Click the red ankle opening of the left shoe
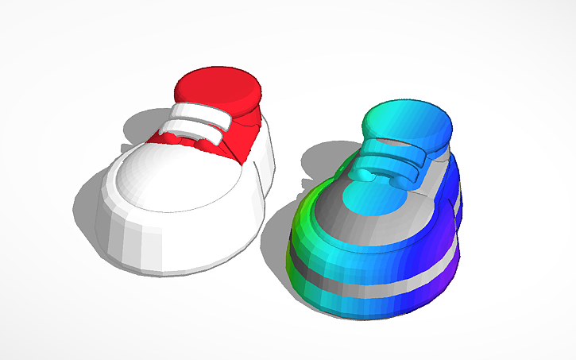(219, 87)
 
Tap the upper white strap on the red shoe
(203, 110)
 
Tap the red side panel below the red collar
(243, 135)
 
